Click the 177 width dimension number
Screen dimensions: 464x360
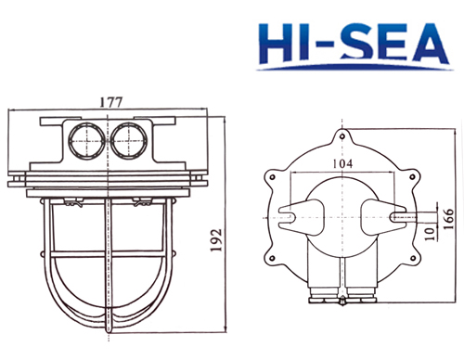(111, 102)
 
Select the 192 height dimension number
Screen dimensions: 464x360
(216, 240)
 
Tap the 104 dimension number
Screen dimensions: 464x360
(342, 163)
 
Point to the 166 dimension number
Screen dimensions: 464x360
(448, 219)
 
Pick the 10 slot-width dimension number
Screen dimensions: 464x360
(431, 234)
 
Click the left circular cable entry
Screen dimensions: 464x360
(87, 139)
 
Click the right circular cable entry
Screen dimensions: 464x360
(129, 139)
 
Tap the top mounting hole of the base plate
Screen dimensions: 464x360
(342, 136)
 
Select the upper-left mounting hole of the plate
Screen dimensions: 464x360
(273, 177)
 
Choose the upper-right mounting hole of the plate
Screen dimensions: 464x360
(412, 177)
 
